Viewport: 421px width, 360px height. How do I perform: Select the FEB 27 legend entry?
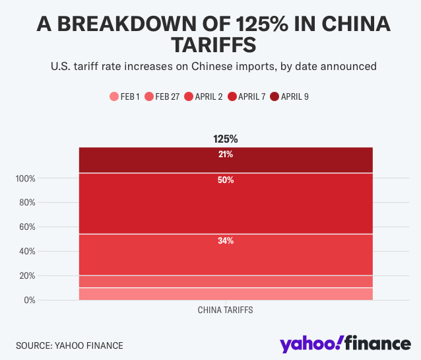click(x=162, y=96)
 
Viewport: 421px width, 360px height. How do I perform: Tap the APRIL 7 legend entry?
click(x=246, y=96)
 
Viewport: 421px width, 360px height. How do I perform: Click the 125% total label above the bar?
click(x=225, y=139)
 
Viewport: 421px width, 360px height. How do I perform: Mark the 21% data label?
click(x=225, y=155)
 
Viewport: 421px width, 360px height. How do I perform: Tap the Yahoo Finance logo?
click(x=344, y=344)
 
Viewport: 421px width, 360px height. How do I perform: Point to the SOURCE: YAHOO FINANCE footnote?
click(x=69, y=345)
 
